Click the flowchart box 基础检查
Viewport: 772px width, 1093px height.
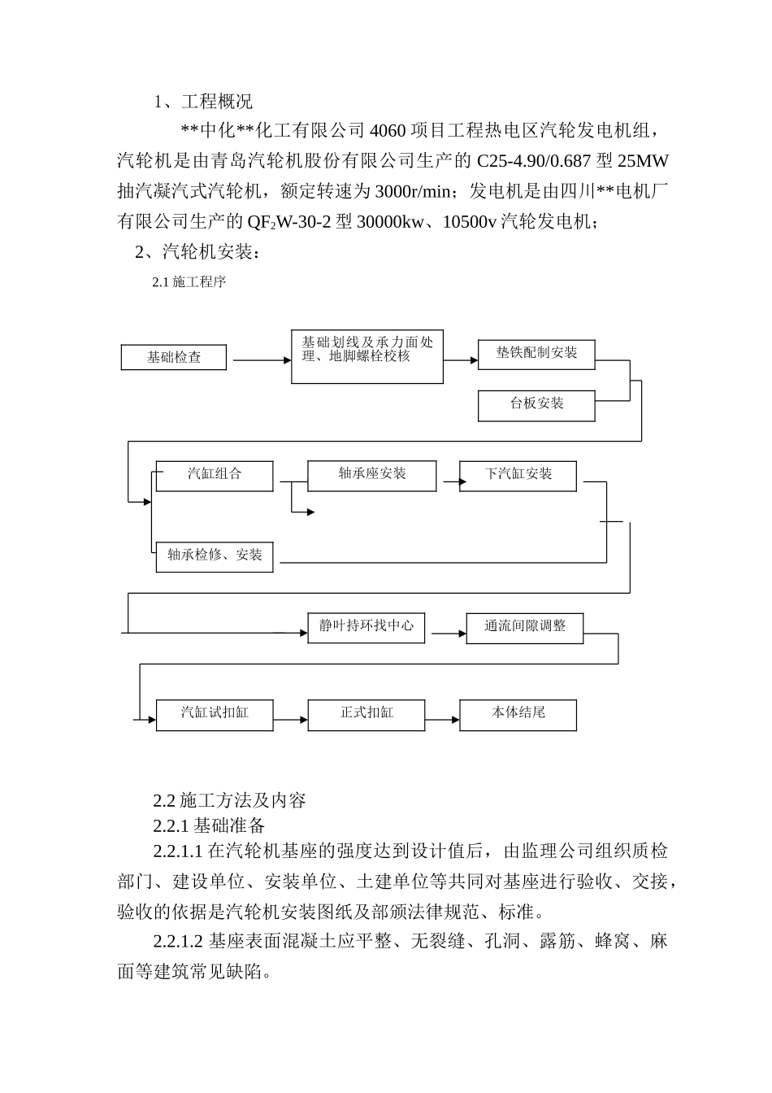174,358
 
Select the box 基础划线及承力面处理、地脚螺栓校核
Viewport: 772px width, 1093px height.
367,356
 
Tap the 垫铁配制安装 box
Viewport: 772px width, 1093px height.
536,354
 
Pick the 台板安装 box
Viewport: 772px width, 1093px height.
536,405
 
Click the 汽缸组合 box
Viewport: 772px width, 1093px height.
215,475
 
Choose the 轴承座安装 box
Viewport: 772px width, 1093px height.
371,475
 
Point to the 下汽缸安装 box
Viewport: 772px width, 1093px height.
518,475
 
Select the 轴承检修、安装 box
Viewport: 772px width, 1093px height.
215,556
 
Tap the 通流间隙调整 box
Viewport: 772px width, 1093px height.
525,627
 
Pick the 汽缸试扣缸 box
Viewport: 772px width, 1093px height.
215,714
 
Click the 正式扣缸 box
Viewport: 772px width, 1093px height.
366,714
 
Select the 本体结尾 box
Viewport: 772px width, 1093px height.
518,714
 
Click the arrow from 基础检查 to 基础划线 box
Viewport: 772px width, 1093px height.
260,359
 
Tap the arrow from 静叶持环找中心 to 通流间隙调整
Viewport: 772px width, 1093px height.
446,632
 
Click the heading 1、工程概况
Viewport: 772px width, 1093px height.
203,102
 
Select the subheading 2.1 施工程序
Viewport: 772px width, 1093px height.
189,282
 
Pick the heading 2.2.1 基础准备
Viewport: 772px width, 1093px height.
210,825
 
